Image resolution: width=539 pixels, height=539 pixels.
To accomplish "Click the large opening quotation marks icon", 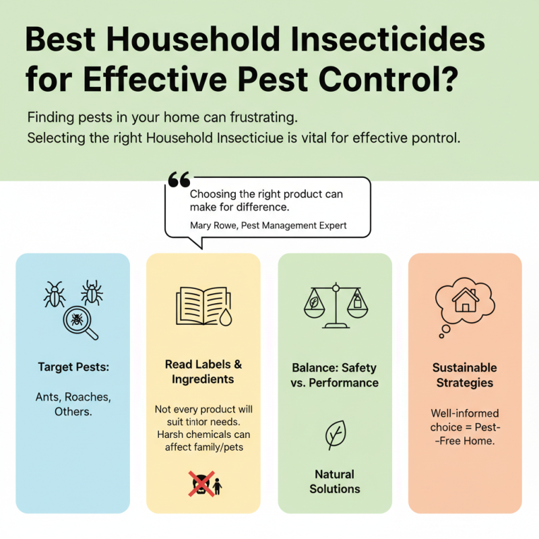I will point(179,179).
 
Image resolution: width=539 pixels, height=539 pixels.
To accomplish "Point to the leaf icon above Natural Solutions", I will point(335,435).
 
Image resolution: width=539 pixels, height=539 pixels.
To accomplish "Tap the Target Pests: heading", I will point(73,368).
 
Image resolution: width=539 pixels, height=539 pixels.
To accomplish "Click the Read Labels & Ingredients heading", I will point(203,372).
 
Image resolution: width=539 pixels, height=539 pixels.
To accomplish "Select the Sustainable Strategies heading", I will point(464,375).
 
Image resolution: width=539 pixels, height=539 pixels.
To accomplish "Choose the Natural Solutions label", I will point(335,482).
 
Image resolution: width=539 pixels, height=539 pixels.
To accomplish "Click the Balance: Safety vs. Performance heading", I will point(335,375).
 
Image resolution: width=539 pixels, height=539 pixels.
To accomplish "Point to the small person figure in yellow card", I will point(218,485).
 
